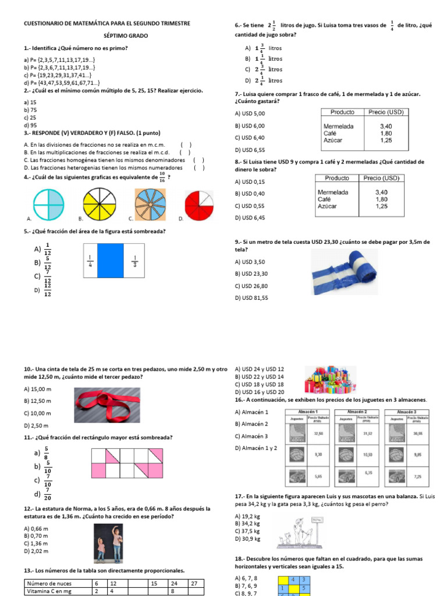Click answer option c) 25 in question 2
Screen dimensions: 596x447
30,117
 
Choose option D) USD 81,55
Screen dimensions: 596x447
251,297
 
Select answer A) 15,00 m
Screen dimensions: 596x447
38,389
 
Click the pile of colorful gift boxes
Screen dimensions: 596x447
328,381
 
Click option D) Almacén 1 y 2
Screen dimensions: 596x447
256,448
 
